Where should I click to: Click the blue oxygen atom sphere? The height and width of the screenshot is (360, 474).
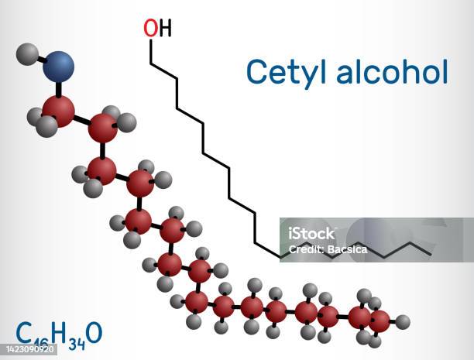point(58,67)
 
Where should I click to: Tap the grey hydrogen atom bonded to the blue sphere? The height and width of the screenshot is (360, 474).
point(27,54)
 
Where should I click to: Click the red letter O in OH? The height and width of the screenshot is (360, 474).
point(151,28)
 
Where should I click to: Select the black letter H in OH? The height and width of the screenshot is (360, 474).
point(165,28)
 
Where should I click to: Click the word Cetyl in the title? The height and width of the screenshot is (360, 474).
point(287,73)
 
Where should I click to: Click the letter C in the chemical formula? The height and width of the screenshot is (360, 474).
point(24,332)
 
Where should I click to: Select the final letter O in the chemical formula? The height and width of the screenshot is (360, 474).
point(94,332)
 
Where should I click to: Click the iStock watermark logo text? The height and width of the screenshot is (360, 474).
point(311,234)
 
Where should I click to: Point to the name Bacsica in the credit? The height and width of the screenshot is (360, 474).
point(347,249)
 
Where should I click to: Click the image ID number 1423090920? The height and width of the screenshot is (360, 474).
point(30,349)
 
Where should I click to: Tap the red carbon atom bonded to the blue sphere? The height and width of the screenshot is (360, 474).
point(58,111)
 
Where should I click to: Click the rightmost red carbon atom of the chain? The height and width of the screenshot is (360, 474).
point(380,321)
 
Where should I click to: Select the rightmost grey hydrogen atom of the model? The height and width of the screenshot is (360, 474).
point(403,321)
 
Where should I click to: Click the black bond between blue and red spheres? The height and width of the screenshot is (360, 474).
point(59,89)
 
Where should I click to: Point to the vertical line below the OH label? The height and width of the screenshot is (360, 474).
point(151,52)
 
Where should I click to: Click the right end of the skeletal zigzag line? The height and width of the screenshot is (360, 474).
point(431,255)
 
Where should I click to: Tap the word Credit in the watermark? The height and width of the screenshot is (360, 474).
point(306,249)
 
